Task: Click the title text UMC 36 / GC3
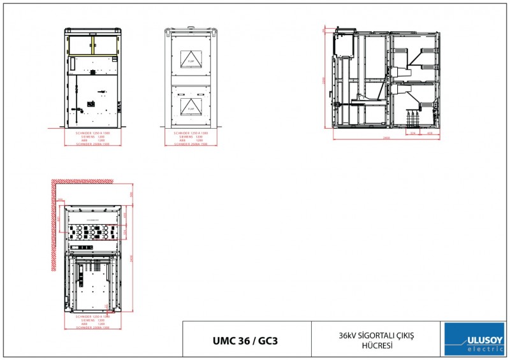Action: pos(245,340)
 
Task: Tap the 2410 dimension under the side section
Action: pos(386,138)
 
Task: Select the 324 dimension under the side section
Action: pos(413,134)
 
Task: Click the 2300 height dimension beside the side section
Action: pos(324,80)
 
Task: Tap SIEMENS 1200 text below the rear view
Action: pos(191,136)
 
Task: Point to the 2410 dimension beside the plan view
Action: pos(131,258)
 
